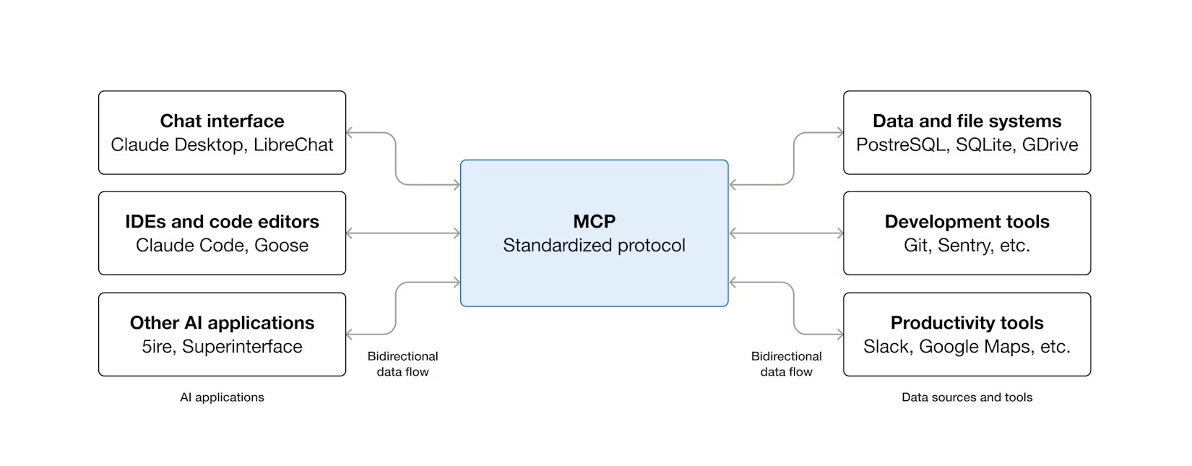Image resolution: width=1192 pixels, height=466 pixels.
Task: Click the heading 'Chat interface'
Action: coord(222,121)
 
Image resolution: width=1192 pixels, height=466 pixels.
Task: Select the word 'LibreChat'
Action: coord(293,144)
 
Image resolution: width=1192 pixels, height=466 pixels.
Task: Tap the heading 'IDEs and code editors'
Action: coord(222,221)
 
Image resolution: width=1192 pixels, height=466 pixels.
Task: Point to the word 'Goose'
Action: coord(281,246)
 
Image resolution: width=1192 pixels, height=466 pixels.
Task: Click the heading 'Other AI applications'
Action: coord(222,322)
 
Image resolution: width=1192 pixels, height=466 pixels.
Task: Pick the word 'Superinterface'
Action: coord(242,347)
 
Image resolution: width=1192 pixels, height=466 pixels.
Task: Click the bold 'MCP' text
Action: coord(594,221)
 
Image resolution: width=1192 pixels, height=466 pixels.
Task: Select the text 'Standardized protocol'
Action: coord(594,246)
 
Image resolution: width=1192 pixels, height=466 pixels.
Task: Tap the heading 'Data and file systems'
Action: coord(967,121)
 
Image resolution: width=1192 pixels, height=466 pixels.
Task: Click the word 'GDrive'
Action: coord(1050,144)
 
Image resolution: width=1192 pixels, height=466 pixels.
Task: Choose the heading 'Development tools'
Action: coord(967,221)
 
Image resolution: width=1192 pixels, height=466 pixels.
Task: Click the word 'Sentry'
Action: coord(964,246)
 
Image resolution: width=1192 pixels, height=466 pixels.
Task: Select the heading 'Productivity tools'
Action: coord(967,322)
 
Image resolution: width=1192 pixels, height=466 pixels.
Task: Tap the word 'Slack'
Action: coord(886,347)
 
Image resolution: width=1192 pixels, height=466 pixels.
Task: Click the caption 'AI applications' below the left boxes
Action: coord(222,397)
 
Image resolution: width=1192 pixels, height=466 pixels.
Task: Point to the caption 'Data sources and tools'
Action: coord(967,397)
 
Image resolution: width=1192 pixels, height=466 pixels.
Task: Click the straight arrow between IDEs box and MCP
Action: coord(403,233)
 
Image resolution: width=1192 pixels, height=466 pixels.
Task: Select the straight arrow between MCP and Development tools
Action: coord(786,233)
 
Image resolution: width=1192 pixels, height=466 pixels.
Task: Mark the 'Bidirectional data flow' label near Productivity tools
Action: coord(786,364)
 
